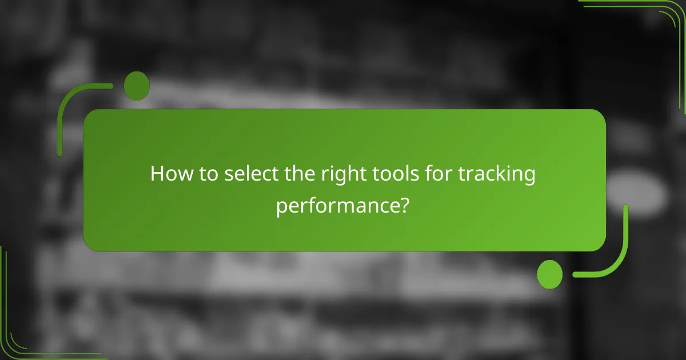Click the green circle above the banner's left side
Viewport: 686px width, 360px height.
137,86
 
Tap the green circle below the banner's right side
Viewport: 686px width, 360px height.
549,274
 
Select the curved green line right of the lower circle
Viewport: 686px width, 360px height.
615,257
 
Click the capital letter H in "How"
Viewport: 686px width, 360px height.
157,174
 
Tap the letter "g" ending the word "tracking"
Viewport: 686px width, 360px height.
529,177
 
